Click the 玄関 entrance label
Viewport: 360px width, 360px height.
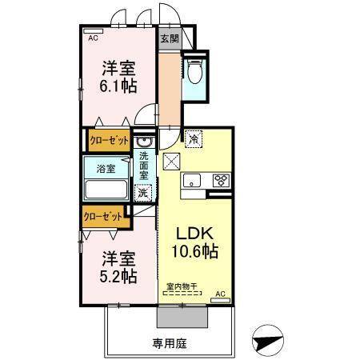(x=168, y=38)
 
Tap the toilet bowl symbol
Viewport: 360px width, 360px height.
(x=194, y=74)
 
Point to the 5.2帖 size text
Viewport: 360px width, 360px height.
(x=118, y=277)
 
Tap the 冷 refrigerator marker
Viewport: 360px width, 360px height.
(x=193, y=138)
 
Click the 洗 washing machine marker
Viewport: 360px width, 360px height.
(x=142, y=192)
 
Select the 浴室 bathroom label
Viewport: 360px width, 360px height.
(x=106, y=169)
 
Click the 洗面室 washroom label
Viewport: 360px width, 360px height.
(x=144, y=165)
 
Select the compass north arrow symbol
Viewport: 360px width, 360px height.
(x=268, y=342)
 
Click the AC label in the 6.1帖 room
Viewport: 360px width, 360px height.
(x=92, y=37)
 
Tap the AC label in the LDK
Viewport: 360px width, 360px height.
(x=220, y=294)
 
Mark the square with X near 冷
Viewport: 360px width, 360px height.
(x=172, y=161)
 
